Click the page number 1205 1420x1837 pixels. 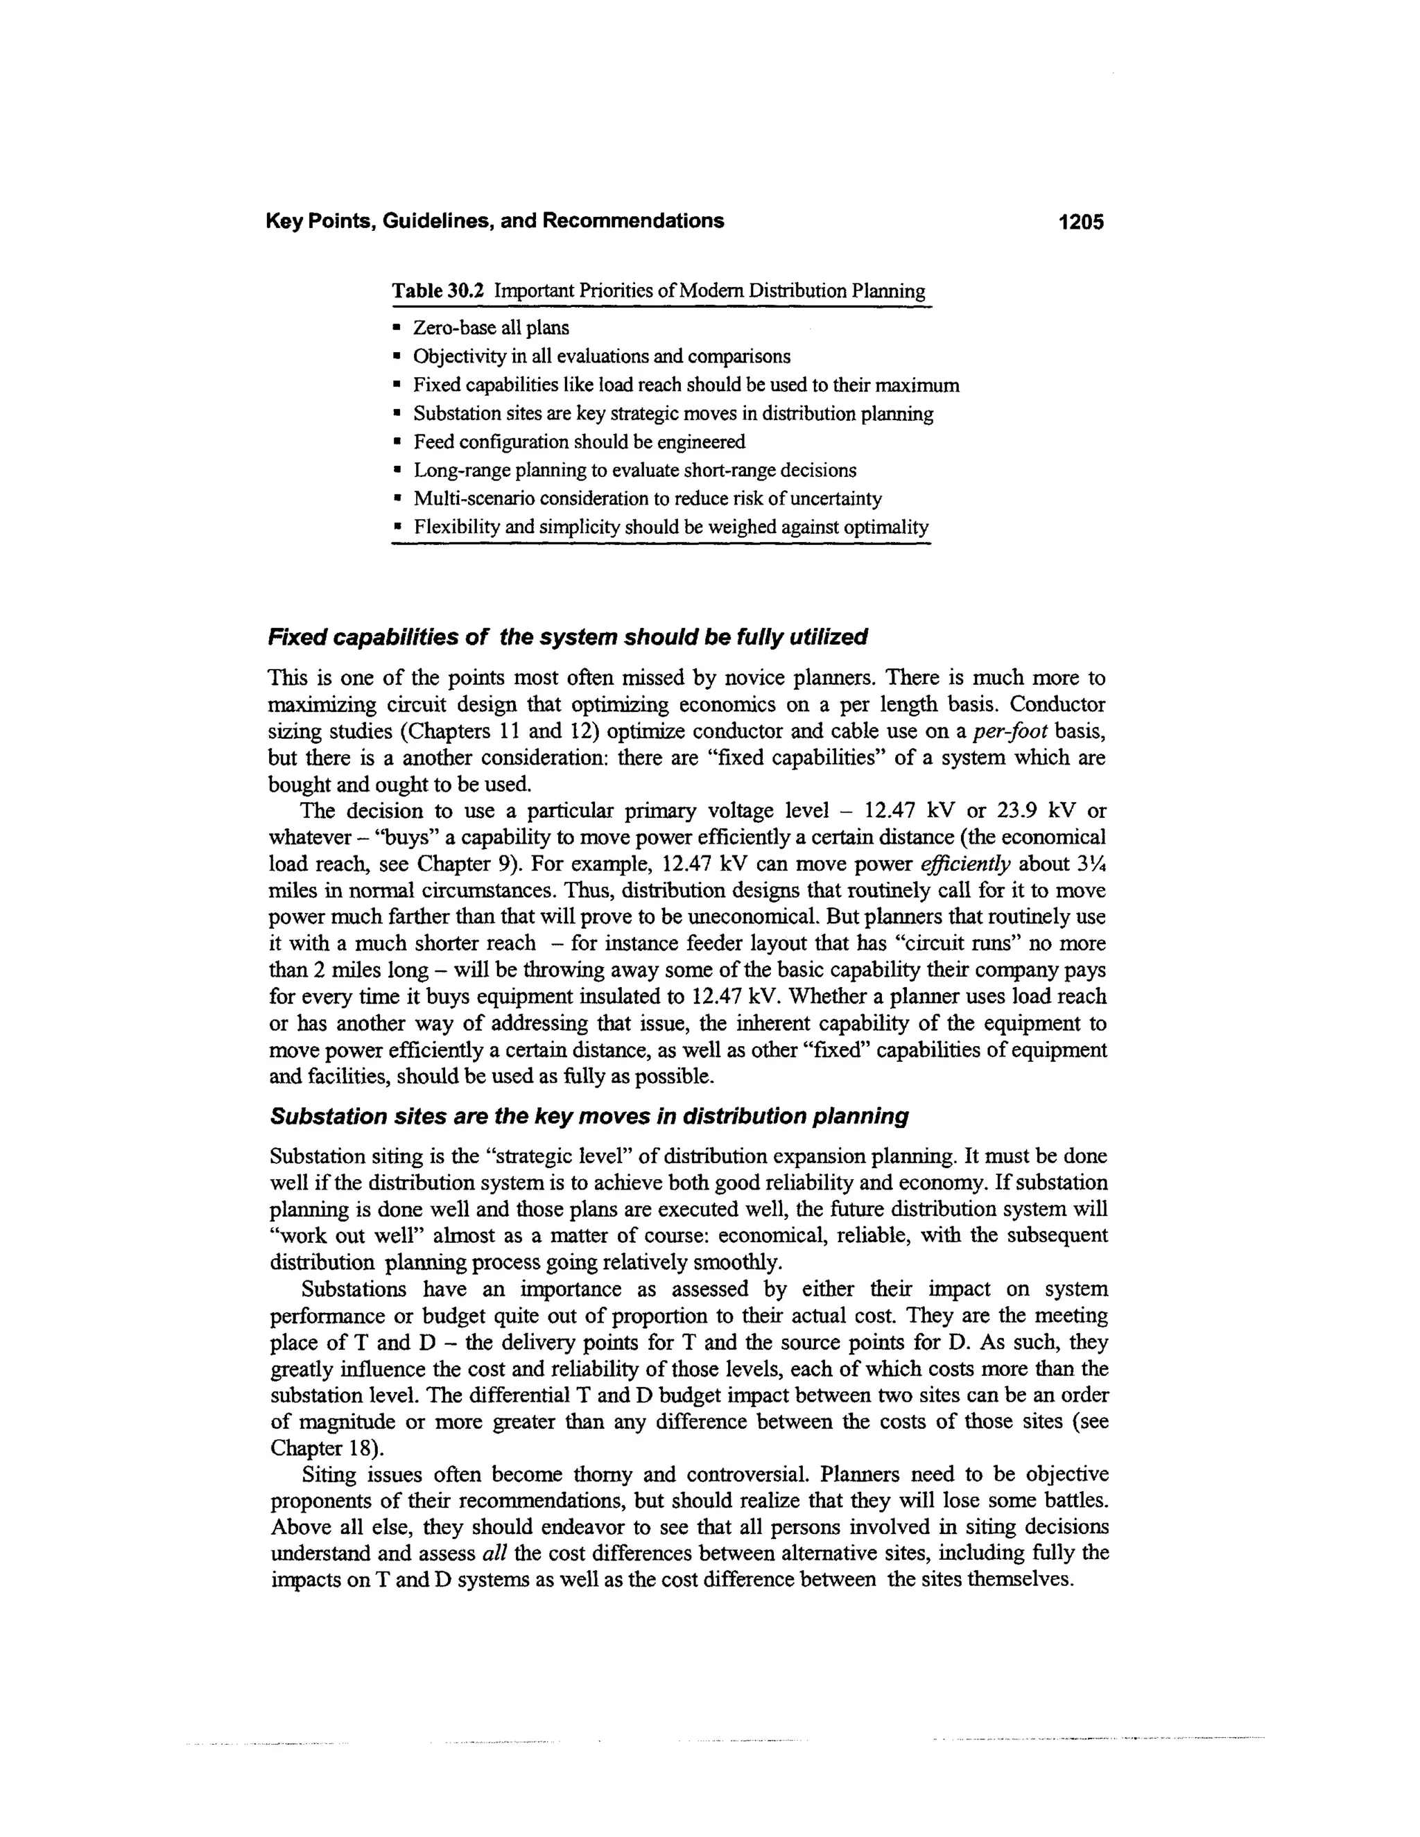click(x=1081, y=222)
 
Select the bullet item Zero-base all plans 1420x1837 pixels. click(x=490, y=328)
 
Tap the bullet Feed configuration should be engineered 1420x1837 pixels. click(x=579, y=442)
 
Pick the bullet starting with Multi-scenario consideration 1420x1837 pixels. click(x=647, y=499)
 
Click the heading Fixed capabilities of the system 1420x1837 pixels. click(x=567, y=637)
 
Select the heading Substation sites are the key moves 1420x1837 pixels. click(x=589, y=1116)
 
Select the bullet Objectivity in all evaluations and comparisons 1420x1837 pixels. click(x=601, y=356)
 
